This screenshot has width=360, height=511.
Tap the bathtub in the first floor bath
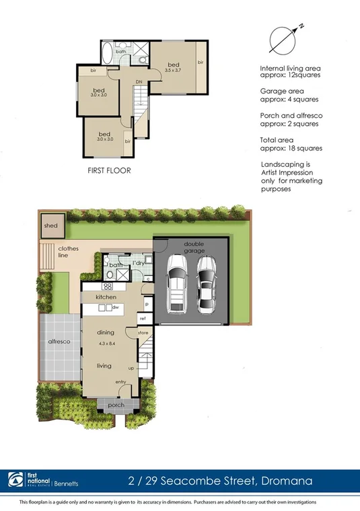click(107, 52)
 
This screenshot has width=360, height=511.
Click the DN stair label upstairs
click(139, 82)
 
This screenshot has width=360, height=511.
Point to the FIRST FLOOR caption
click(109, 171)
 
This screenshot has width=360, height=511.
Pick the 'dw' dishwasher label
click(115, 307)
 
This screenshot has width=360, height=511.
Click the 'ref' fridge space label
click(143, 318)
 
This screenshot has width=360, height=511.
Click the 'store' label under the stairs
click(143, 331)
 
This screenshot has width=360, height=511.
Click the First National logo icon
click(15, 479)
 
